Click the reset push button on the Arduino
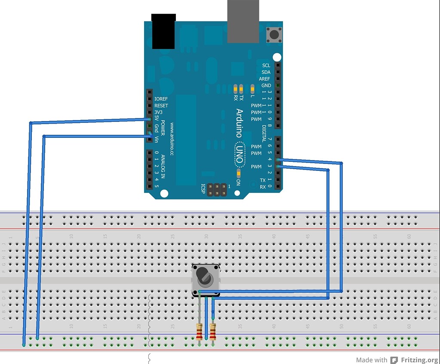(x=272, y=35)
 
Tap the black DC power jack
(x=164, y=31)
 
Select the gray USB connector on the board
(x=243, y=21)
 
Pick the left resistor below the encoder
(x=199, y=331)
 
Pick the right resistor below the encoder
(x=212, y=331)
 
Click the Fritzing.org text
(x=419, y=360)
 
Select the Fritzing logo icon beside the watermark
(x=394, y=360)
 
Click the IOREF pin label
(x=161, y=99)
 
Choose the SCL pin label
(x=266, y=66)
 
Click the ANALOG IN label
(x=163, y=170)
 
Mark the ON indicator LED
(x=238, y=173)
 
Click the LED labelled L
(x=252, y=89)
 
